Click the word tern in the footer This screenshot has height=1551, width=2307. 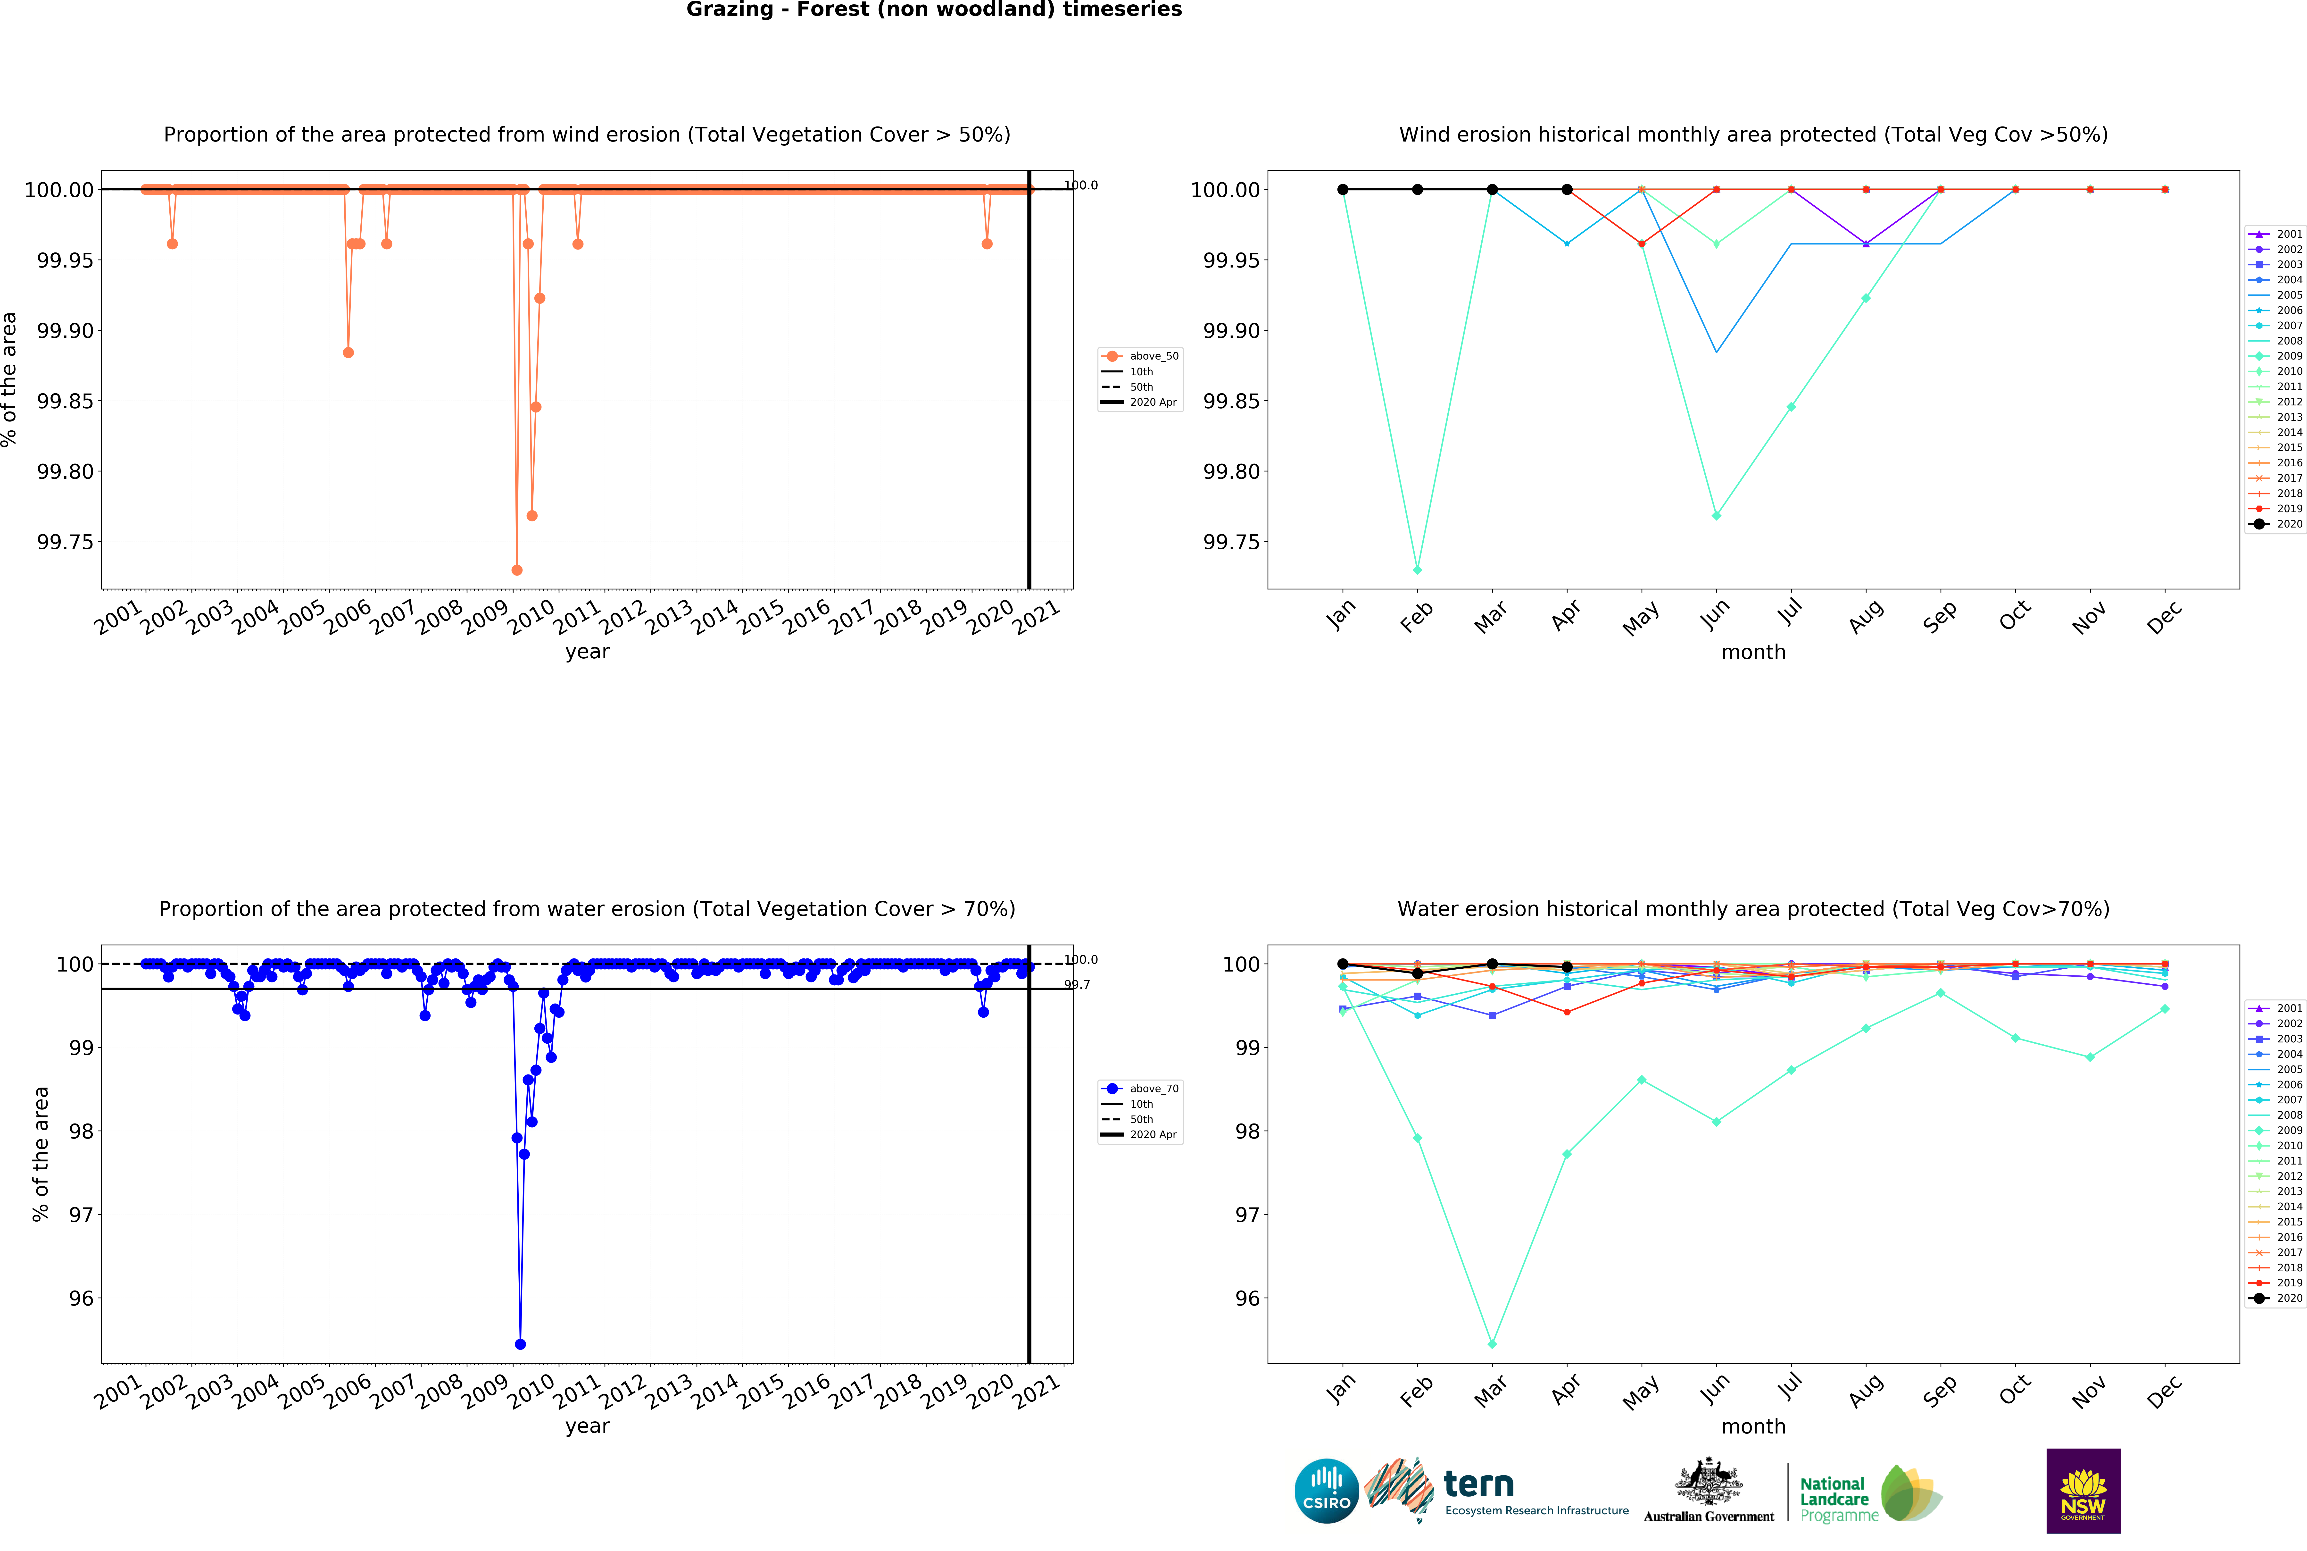pos(1478,1485)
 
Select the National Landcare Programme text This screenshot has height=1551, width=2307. pos(1837,1499)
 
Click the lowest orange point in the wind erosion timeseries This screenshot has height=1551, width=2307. pos(516,570)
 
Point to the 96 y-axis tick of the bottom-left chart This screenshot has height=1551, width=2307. pos(81,1298)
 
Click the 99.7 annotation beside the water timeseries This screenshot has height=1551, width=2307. pos(1077,984)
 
